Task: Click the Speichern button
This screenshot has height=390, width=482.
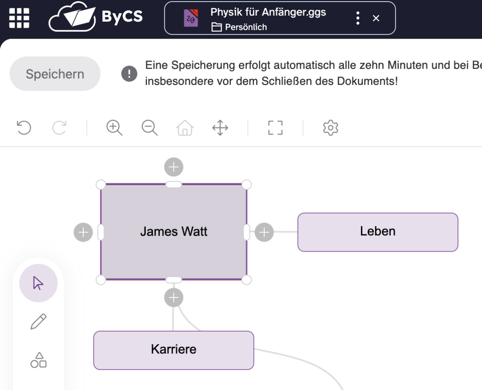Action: (55, 74)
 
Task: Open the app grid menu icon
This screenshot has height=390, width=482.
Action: (19, 18)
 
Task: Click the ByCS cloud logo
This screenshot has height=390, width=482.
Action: (96, 18)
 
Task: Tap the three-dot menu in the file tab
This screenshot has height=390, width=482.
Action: (357, 18)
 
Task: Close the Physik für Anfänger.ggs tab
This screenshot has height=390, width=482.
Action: (376, 18)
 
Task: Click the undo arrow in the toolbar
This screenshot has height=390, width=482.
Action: (24, 128)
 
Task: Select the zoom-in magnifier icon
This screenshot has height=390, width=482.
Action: (114, 128)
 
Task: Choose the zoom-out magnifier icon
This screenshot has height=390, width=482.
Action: (149, 128)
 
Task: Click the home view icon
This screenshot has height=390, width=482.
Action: (185, 128)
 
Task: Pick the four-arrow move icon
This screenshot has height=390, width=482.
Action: (220, 128)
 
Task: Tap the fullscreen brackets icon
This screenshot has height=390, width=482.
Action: (276, 128)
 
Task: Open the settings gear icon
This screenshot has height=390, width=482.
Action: (331, 128)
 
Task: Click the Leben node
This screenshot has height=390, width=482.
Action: (378, 232)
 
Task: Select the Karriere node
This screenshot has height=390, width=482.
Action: (174, 350)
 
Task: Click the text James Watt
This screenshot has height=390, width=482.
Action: (174, 232)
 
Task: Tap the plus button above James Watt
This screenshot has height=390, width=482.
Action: (174, 167)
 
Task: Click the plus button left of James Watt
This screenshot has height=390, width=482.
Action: (83, 232)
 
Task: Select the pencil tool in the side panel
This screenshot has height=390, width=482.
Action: (39, 322)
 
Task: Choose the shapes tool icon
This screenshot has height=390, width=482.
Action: (39, 360)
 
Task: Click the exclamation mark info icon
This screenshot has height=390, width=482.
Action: (129, 74)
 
